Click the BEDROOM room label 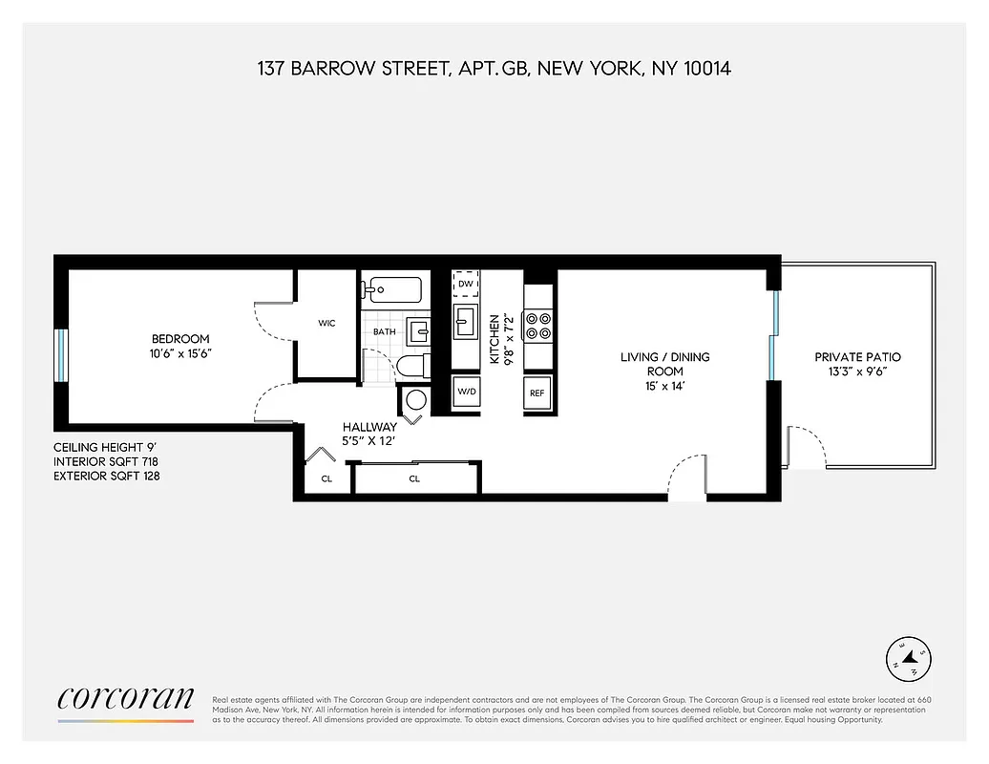180,339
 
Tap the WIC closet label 326,324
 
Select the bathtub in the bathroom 391,287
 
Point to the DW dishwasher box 466,284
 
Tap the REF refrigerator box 537,393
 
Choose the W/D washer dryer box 467,392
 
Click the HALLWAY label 370,427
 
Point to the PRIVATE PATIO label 857,357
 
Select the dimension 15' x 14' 664,386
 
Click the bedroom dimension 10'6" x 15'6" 180,353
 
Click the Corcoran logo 126,699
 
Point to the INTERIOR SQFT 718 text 106,460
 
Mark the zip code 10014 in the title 705,69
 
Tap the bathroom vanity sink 418,331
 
